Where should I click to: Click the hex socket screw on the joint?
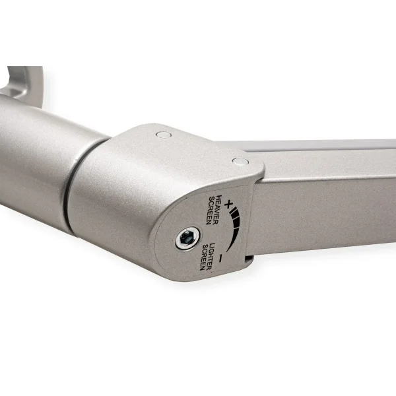pyautogui.click(x=187, y=238)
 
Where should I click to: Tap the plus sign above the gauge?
pyautogui.click(x=229, y=204)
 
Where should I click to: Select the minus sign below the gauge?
pyautogui.click(x=221, y=257)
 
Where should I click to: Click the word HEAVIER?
pyautogui.click(x=216, y=209)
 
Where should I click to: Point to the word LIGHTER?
pyautogui.click(x=211, y=257)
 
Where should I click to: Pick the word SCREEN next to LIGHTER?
pyautogui.click(x=205, y=257)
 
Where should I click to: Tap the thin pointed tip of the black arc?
pyautogui.click(x=227, y=251)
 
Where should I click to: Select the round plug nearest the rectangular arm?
pyautogui.click(x=240, y=161)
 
